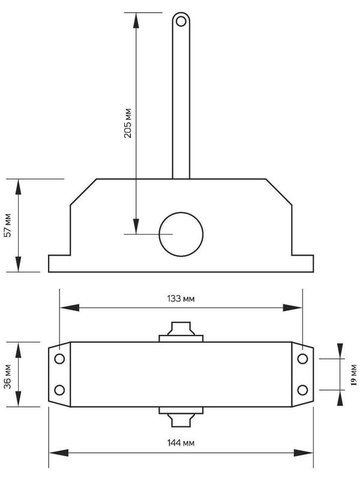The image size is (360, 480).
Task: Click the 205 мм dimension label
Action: [x=128, y=123]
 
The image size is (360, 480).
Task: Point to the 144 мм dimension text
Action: [x=181, y=443]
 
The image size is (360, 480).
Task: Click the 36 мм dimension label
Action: [x=8, y=375]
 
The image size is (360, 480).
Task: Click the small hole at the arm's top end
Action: [x=180, y=22]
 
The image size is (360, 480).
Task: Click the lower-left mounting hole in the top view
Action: [x=59, y=390]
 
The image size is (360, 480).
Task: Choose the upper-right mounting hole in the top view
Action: [x=302, y=359]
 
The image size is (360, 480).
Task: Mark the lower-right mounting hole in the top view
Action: [x=302, y=390]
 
